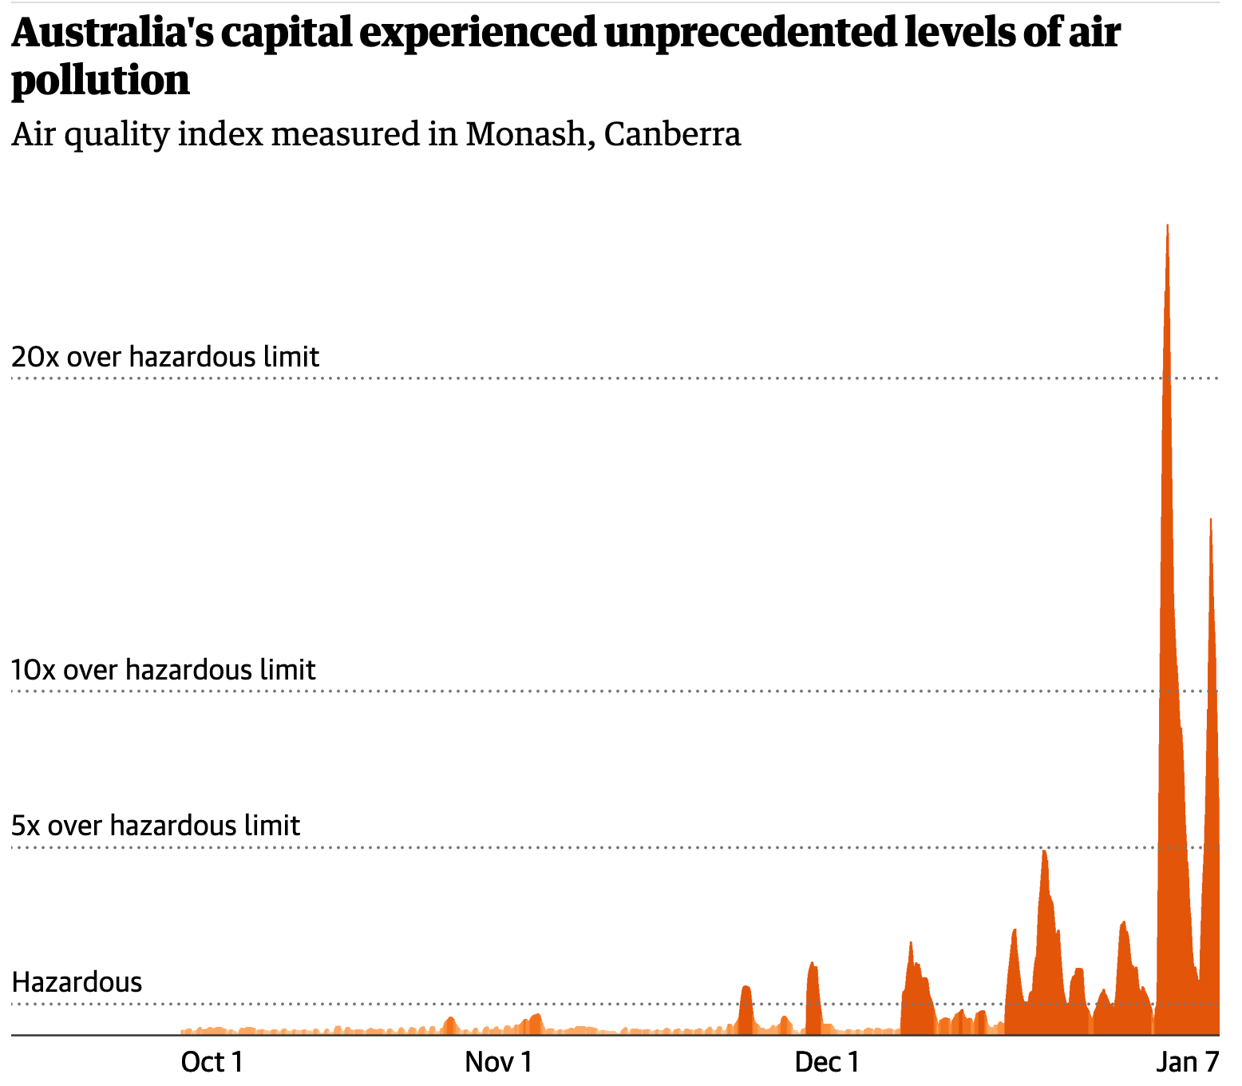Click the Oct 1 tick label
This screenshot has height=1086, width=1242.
[212, 1061]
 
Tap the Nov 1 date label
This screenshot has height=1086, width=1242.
[499, 1061]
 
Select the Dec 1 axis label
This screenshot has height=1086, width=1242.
[828, 1061]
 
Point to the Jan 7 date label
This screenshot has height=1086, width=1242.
[1188, 1061]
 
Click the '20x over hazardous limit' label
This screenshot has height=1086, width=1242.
[165, 356]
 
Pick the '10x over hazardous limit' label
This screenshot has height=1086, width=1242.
[164, 669]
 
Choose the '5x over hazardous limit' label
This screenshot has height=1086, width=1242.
[156, 825]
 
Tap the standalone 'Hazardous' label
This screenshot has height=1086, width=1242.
[77, 981]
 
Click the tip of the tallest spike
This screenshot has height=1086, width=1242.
[1167, 227]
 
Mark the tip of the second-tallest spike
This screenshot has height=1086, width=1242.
[1210, 521]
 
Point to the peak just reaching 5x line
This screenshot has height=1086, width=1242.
[1043, 853]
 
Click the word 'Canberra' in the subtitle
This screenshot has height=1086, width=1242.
[672, 134]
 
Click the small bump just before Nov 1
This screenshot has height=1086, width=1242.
[450, 1021]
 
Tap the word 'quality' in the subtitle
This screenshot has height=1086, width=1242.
[117, 134]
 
